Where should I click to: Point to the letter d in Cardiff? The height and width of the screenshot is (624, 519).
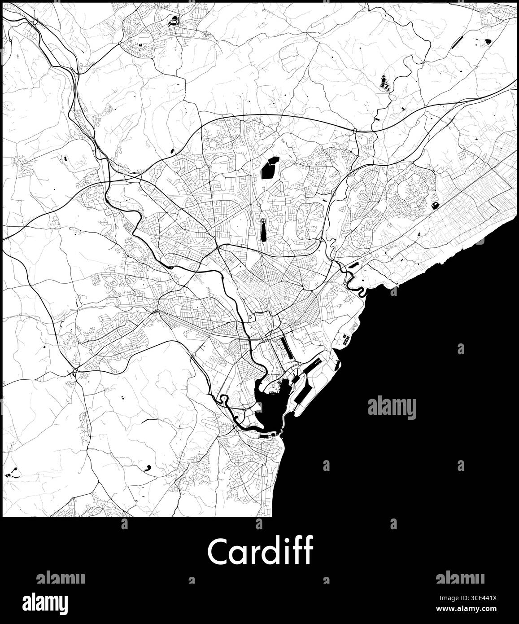pyautogui.click(x=268, y=551)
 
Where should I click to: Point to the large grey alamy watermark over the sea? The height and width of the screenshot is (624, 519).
pyautogui.click(x=392, y=408)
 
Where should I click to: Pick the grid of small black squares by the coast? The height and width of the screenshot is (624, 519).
pyautogui.click(x=345, y=339)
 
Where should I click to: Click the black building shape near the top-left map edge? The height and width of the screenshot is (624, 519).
pyautogui.click(x=173, y=21)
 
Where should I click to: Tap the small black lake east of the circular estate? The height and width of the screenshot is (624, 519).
pyautogui.click(x=434, y=206)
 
